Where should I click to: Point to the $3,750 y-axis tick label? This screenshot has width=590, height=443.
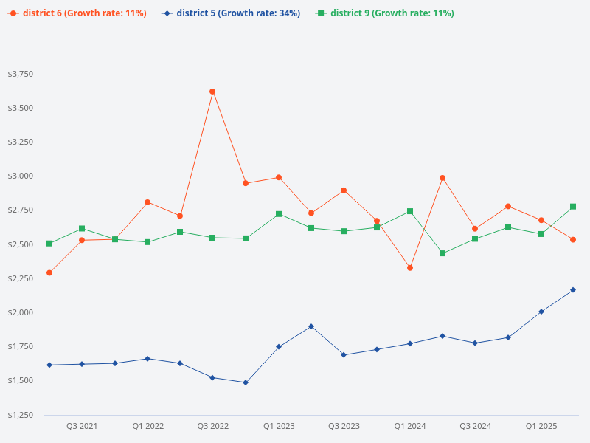coord(20,74)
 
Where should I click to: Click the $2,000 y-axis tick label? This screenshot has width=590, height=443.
coord(20,312)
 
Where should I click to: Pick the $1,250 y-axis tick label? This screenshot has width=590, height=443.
coord(20,415)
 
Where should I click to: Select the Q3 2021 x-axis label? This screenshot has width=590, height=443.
coord(82,426)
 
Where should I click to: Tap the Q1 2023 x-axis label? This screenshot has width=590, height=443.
coord(279,426)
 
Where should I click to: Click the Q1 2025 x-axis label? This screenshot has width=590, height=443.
coord(541,426)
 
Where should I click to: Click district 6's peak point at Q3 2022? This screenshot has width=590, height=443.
coord(212,92)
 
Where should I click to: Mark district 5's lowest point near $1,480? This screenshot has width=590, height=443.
coord(246,382)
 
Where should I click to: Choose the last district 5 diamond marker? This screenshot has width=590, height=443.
coord(573,289)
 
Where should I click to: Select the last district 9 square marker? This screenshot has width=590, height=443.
coord(573,207)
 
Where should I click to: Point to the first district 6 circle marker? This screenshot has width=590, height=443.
coord(49,272)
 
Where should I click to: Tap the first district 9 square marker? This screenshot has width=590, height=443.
coord(49,243)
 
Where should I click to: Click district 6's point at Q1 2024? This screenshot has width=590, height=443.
coord(410,267)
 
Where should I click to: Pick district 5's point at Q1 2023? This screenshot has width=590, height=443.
coord(279,346)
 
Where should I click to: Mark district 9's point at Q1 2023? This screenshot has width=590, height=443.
coord(279,214)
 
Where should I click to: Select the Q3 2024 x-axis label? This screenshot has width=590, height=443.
coord(476,426)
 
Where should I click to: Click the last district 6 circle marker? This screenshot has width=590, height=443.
coord(573,239)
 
